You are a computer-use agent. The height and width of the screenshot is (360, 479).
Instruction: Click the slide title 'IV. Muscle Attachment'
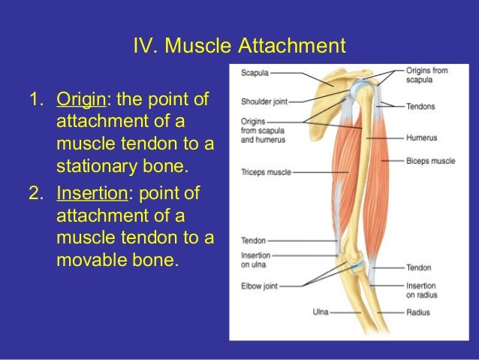click(239, 47)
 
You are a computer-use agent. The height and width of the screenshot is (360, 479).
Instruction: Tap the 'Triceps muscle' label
click(266, 171)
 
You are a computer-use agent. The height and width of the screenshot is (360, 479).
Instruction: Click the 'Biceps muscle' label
click(430, 160)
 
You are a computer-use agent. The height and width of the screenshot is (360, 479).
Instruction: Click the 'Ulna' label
click(321, 310)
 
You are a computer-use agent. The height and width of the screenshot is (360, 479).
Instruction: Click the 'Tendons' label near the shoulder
click(420, 106)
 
